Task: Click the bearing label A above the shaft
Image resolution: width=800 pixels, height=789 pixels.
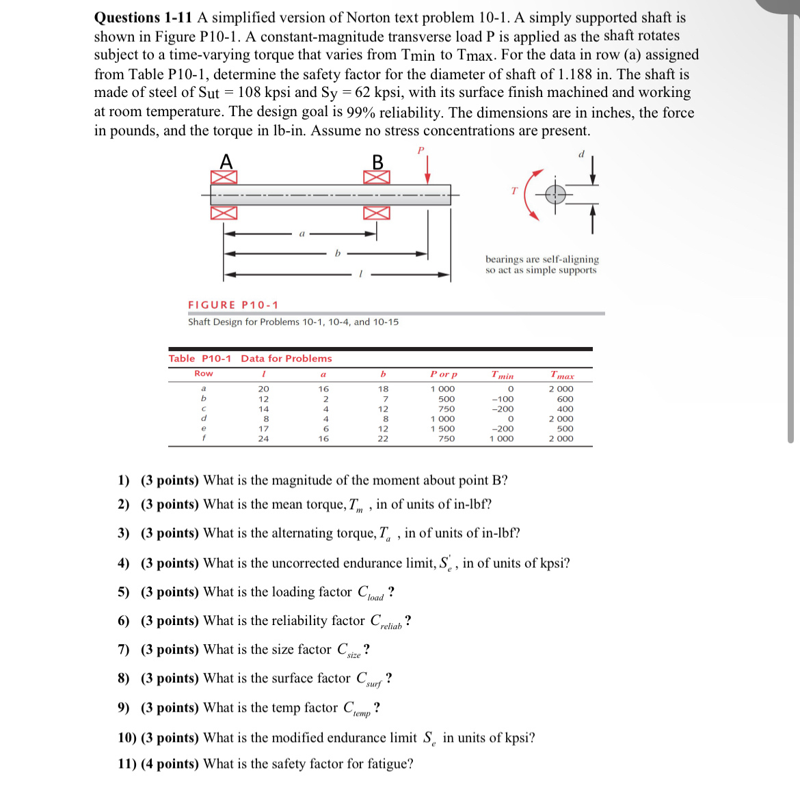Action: (x=226, y=161)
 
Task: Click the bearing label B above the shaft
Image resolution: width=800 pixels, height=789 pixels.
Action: (x=377, y=162)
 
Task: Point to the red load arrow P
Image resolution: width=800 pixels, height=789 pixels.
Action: (x=427, y=169)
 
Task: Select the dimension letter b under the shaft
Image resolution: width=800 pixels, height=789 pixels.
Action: (x=337, y=253)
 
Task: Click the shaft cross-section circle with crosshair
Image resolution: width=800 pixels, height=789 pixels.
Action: (x=555, y=195)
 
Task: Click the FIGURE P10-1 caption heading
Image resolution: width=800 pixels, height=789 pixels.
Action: (x=233, y=305)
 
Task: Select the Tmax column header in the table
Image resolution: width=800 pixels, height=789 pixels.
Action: (x=562, y=374)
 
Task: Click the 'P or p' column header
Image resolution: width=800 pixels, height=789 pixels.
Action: (x=444, y=374)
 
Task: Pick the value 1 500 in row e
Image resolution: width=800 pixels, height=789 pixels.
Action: (x=442, y=429)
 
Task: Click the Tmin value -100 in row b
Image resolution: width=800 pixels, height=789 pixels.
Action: (x=503, y=399)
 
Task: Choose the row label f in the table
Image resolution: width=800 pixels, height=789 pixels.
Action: (x=203, y=439)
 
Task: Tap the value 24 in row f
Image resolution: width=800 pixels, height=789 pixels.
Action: (x=263, y=439)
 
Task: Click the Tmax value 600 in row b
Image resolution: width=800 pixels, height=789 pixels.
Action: (x=565, y=399)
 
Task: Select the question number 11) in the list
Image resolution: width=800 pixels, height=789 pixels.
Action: (x=126, y=764)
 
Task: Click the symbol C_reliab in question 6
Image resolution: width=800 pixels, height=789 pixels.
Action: (x=386, y=622)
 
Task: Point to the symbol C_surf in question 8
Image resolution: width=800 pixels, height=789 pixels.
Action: (x=369, y=679)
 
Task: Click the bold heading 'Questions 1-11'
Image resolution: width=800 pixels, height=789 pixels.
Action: (x=144, y=18)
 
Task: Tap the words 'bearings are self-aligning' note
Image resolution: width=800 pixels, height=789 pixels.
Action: (x=542, y=259)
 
